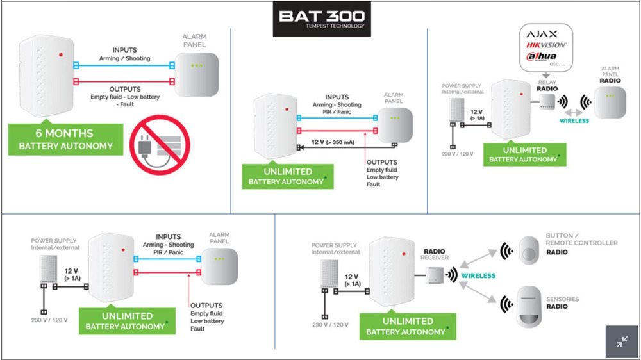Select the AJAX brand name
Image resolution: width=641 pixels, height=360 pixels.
click(542, 34)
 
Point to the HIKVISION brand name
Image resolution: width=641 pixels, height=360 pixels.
click(546, 45)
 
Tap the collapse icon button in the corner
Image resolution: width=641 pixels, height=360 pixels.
click(622, 342)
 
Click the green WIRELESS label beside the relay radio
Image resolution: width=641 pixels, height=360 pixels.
click(574, 120)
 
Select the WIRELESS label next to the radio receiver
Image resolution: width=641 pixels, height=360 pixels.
click(478, 275)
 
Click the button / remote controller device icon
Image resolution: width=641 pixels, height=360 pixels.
click(530, 249)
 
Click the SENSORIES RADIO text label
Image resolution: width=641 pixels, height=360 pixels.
click(562, 302)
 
